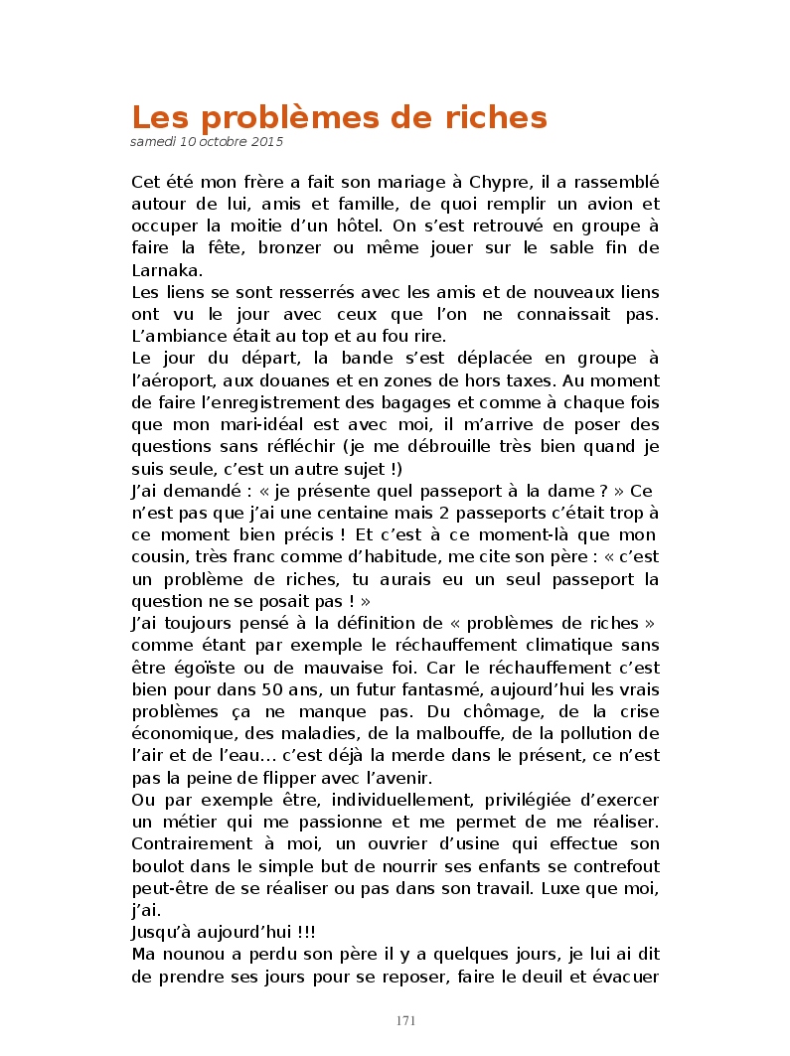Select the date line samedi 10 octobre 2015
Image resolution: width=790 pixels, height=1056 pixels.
[207, 142]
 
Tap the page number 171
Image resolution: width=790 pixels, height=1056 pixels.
[404, 1020]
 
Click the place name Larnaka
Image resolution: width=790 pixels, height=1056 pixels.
[166, 270]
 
